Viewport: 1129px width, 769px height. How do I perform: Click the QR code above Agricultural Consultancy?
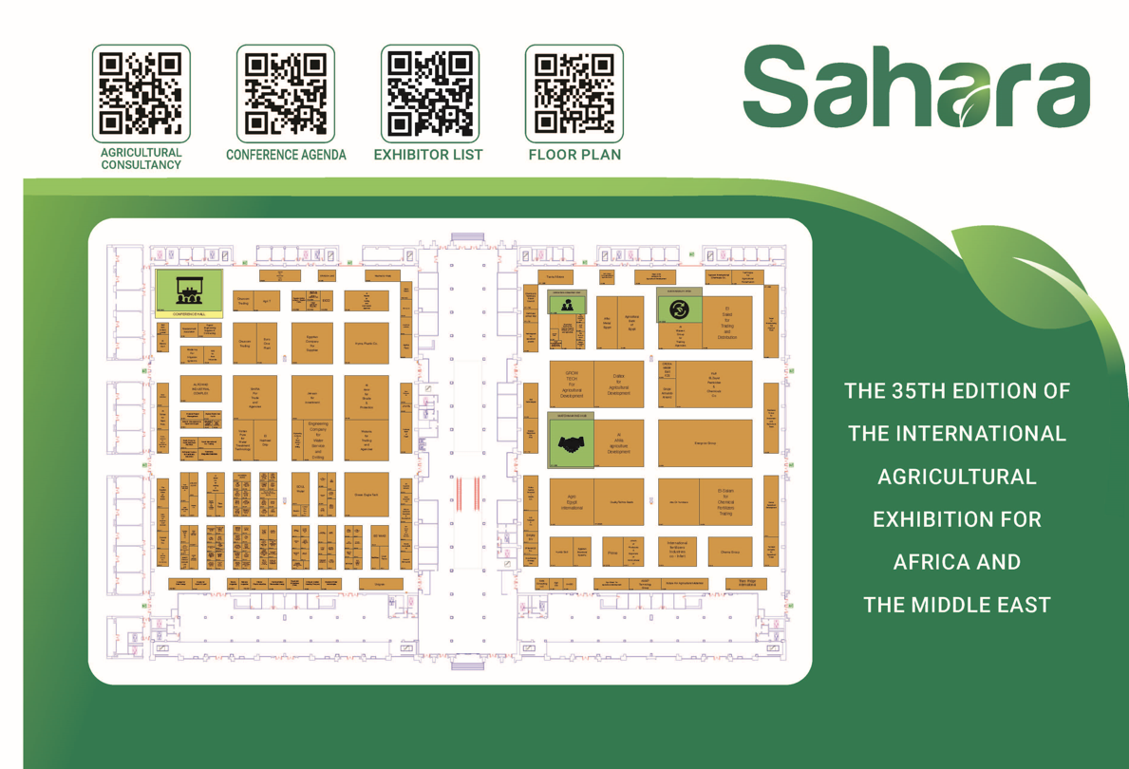pos(141,92)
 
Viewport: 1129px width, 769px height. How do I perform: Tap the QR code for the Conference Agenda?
pos(285,92)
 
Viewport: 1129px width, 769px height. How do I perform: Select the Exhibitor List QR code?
pos(429,92)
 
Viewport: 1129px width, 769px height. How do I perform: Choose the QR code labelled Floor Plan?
pos(574,92)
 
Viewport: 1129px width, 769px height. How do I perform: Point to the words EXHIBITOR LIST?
pos(428,155)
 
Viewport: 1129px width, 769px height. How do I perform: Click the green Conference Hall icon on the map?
pos(189,291)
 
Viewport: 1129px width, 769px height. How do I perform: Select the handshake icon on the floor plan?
pos(572,443)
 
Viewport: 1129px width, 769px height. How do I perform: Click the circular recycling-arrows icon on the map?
pos(679,309)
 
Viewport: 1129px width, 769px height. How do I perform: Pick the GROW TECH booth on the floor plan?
pos(572,384)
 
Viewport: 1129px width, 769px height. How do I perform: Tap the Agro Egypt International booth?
pos(572,502)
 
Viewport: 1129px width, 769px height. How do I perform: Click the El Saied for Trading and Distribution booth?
pos(727,323)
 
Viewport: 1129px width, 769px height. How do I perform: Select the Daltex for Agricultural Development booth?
pos(618,384)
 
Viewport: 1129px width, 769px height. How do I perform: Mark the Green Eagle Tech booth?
pos(367,495)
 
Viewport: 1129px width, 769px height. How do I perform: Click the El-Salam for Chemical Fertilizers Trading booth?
pos(725,502)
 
